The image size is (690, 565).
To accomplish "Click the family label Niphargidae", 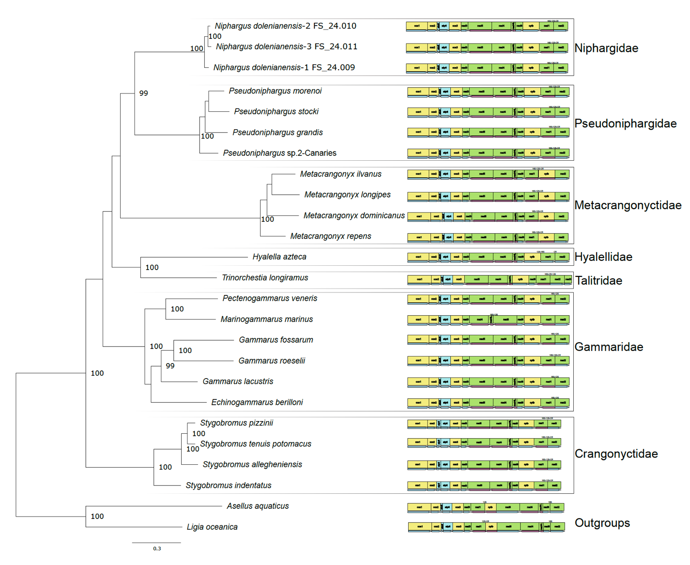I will click(606, 48).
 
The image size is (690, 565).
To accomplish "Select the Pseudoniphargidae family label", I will click(625, 123).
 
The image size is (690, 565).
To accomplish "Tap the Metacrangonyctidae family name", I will click(628, 205).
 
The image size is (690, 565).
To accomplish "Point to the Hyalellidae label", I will click(603, 257).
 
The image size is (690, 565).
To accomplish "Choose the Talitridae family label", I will click(598, 281).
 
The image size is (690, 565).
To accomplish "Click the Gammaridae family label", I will click(609, 347).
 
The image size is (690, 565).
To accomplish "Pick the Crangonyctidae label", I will click(616, 454).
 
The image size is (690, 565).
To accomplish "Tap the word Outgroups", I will click(602, 523).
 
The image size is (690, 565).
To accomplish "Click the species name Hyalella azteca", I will click(279, 257).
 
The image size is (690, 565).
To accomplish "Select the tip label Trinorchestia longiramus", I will click(265, 278).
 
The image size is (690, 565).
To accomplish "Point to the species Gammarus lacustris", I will click(238, 382).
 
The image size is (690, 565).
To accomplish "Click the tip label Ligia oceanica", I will click(212, 527).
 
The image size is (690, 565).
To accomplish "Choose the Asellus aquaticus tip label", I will click(258, 506).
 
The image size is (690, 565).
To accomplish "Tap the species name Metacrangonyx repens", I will click(331, 236).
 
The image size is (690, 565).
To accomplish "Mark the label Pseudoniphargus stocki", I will click(276, 112).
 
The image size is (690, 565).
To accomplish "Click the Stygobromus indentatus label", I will click(229, 486).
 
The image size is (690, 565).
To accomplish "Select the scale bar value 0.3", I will click(157, 549).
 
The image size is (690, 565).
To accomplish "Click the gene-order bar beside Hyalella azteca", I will click(488, 257).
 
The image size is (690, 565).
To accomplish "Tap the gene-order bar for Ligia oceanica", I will click(486, 527).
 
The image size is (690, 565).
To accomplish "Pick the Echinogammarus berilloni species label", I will click(257, 402).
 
